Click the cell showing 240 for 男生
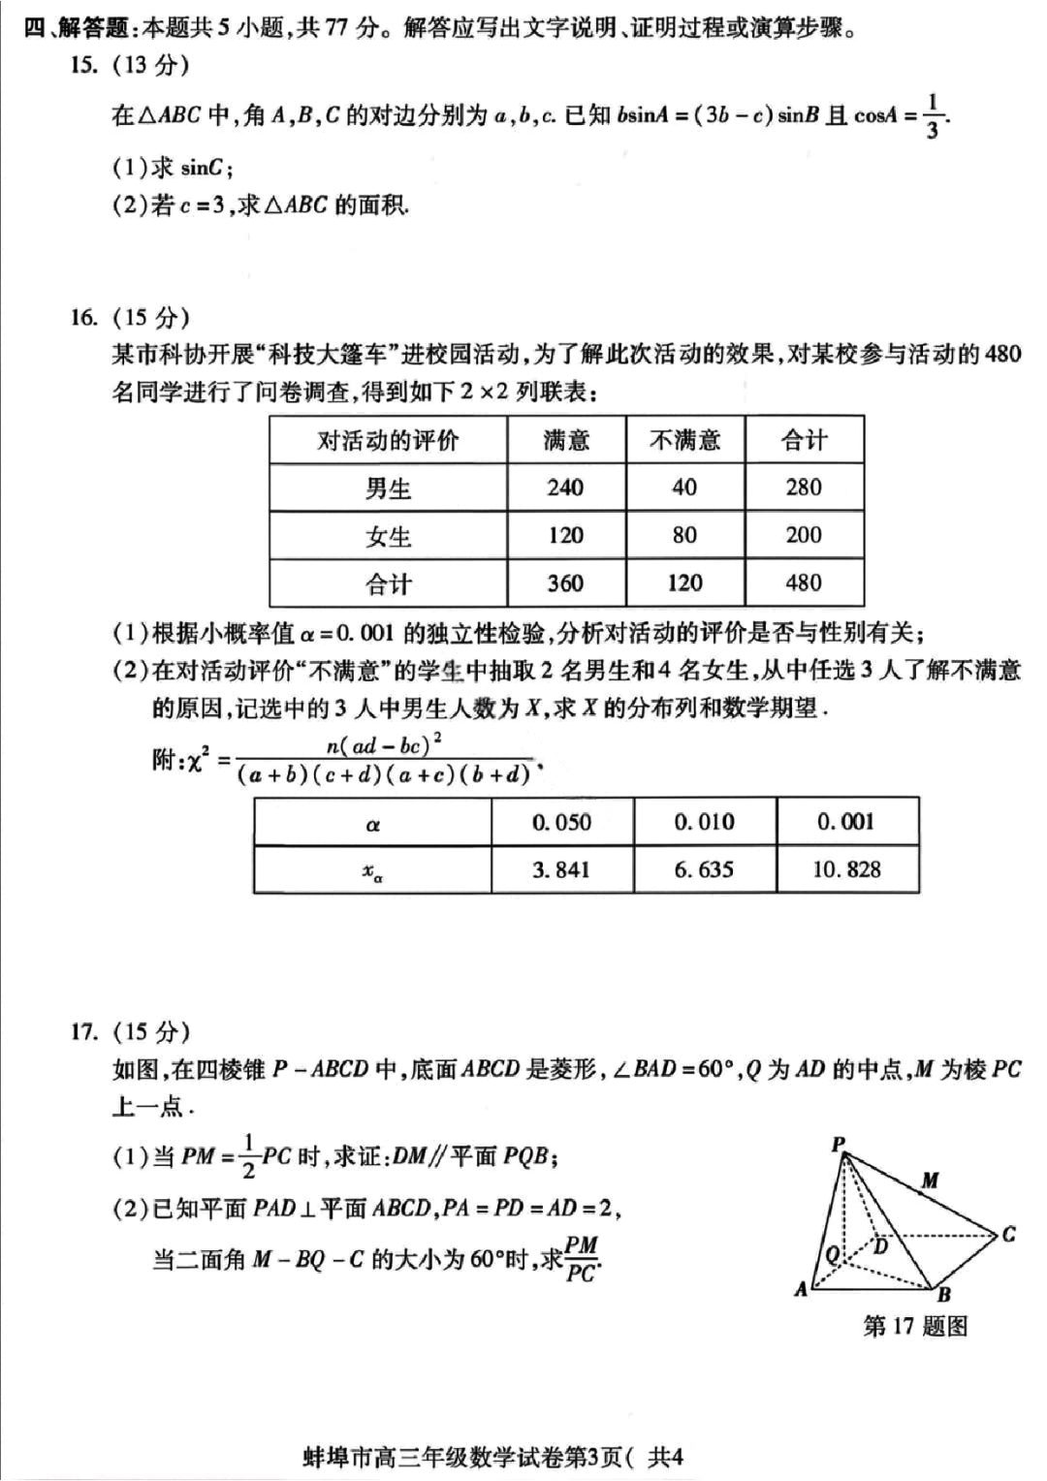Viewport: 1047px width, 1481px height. click(x=565, y=488)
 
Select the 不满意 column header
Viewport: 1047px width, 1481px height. click(x=684, y=441)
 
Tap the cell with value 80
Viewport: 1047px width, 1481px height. click(x=684, y=535)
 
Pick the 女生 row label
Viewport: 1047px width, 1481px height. click(x=388, y=536)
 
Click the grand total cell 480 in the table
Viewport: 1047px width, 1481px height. click(x=804, y=583)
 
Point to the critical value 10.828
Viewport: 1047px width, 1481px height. click(x=846, y=869)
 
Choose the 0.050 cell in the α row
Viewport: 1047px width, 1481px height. click(x=561, y=822)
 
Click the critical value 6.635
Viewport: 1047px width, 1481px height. click(x=704, y=869)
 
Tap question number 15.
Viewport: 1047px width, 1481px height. click(x=84, y=65)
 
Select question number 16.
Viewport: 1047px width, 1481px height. click(x=84, y=317)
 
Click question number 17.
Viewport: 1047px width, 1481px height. click(x=84, y=1030)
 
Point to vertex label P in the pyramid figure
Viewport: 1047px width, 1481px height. click(x=839, y=1145)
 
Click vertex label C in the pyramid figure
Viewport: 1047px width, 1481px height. click(x=1009, y=1234)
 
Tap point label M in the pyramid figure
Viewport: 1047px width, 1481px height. click(x=930, y=1180)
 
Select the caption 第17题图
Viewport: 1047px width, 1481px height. click(x=915, y=1326)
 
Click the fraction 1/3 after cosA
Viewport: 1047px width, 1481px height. click(x=932, y=116)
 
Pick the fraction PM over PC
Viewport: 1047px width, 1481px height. click(x=581, y=1259)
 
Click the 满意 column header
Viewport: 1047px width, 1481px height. click(x=566, y=441)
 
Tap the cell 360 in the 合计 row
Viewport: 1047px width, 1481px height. click(x=565, y=583)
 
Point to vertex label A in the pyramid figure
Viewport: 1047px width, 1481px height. click(x=801, y=1289)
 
